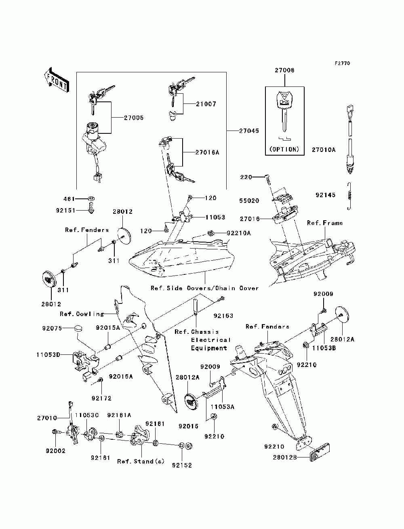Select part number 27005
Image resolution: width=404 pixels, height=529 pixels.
point(133,118)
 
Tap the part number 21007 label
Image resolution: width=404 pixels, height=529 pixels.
point(206,104)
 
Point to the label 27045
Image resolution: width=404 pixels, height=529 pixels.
point(249,131)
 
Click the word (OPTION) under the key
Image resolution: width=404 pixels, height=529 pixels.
point(284,149)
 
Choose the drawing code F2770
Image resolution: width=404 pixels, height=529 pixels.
point(342,63)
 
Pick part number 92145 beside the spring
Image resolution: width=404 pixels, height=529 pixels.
point(325,195)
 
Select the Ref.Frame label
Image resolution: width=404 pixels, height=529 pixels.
point(324,223)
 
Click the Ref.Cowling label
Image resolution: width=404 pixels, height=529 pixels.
point(82,314)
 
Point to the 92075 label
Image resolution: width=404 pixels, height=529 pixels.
point(52,328)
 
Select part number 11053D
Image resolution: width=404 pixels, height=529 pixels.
point(48,354)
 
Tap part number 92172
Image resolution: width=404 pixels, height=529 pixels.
point(101,398)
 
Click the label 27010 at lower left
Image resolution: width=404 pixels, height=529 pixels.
point(47,418)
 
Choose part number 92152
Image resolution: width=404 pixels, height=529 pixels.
point(182,465)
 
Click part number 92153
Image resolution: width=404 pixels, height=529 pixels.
point(223,316)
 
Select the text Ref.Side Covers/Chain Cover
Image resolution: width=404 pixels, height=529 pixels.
point(204,288)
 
